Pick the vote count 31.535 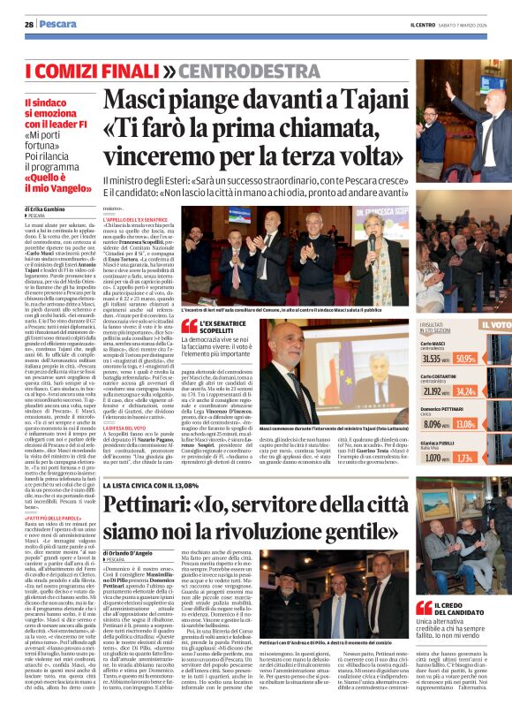(408, 360)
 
